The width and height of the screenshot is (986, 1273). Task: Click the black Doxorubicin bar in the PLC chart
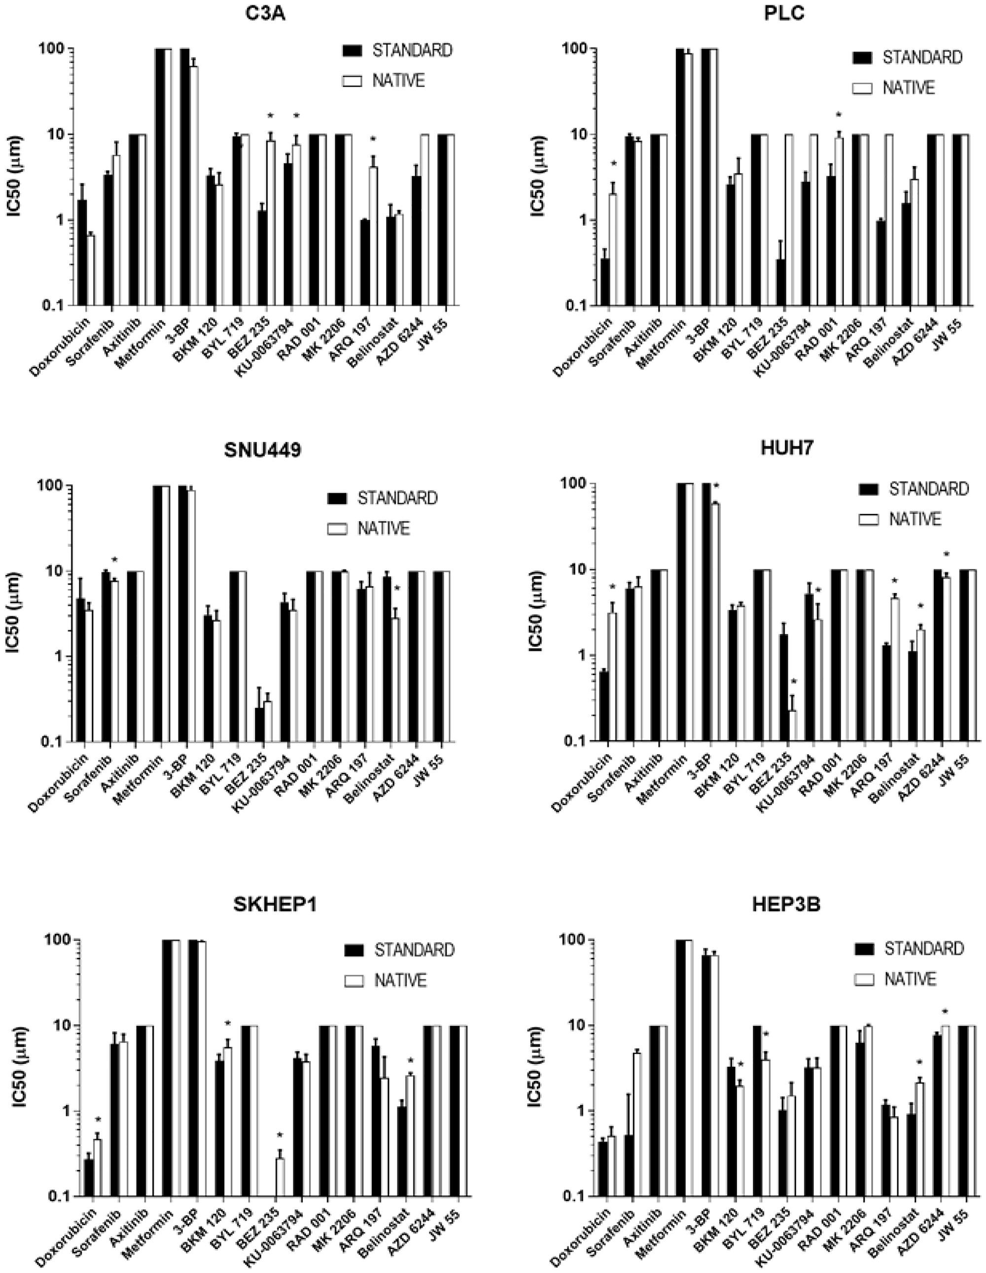pos(605,282)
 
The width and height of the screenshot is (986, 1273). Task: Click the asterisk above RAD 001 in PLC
pos(839,115)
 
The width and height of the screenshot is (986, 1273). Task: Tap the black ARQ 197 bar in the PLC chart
pos(880,263)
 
